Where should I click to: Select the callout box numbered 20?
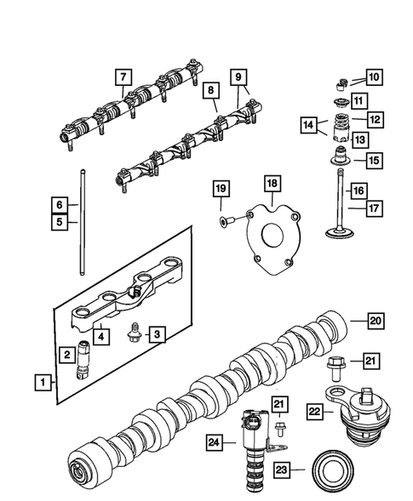click(375, 321)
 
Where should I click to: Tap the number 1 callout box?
click(42, 383)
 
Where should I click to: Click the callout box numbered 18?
click(272, 183)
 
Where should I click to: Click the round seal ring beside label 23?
click(331, 470)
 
